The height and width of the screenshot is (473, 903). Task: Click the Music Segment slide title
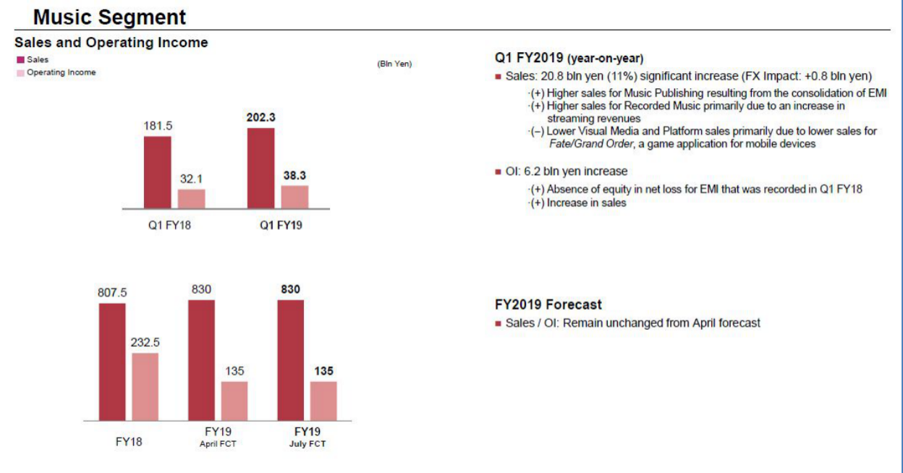(x=109, y=17)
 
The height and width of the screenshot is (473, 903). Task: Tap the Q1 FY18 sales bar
(x=157, y=172)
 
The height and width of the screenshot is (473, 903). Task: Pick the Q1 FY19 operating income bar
(x=294, y=197)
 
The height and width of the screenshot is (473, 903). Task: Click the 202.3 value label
(x=260, y=117)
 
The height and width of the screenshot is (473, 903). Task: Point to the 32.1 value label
(x=192, y=179)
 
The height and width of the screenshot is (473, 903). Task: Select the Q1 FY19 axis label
(x=281, y=224)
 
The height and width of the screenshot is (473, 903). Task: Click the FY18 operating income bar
(x=145, y=386)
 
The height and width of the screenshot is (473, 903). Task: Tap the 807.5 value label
(x=112, y=293)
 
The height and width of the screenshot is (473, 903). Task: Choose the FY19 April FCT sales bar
(x=201, y=359)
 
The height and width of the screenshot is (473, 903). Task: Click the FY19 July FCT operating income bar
(x=323, y=401)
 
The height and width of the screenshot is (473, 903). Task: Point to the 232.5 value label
(x=145, y=343)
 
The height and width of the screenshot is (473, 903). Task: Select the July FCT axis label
(x=308, y=443)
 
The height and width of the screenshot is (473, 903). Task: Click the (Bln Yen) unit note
(x=394, y=64)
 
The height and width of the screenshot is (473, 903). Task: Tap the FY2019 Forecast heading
(x=548, y=304)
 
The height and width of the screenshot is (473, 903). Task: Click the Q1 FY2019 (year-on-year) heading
(x=569, y=58)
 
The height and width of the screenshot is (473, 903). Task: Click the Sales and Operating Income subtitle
(x=111, y=43)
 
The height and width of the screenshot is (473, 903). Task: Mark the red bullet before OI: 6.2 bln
(x=498, y=172)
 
